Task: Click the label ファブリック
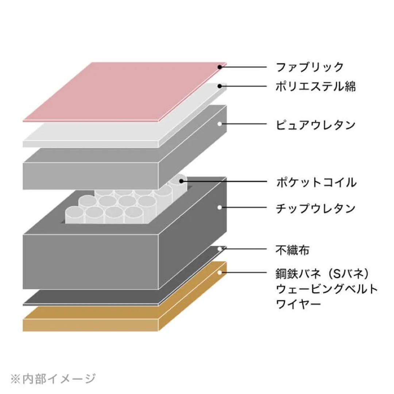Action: coord(310,67)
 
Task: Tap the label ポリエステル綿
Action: coord(316,86)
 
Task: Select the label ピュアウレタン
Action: coord(316,124)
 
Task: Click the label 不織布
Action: coord(293,250)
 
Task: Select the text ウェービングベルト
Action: coord(327,289)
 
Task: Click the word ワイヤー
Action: coord(299,303)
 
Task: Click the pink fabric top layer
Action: coord(124,91)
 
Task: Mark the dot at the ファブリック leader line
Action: coord(220,67)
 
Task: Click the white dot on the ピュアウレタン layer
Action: coord(220,124)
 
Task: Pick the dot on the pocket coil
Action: coord(181,181)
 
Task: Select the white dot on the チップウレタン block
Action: coord(220,208)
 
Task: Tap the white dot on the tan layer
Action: coord(220,272)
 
